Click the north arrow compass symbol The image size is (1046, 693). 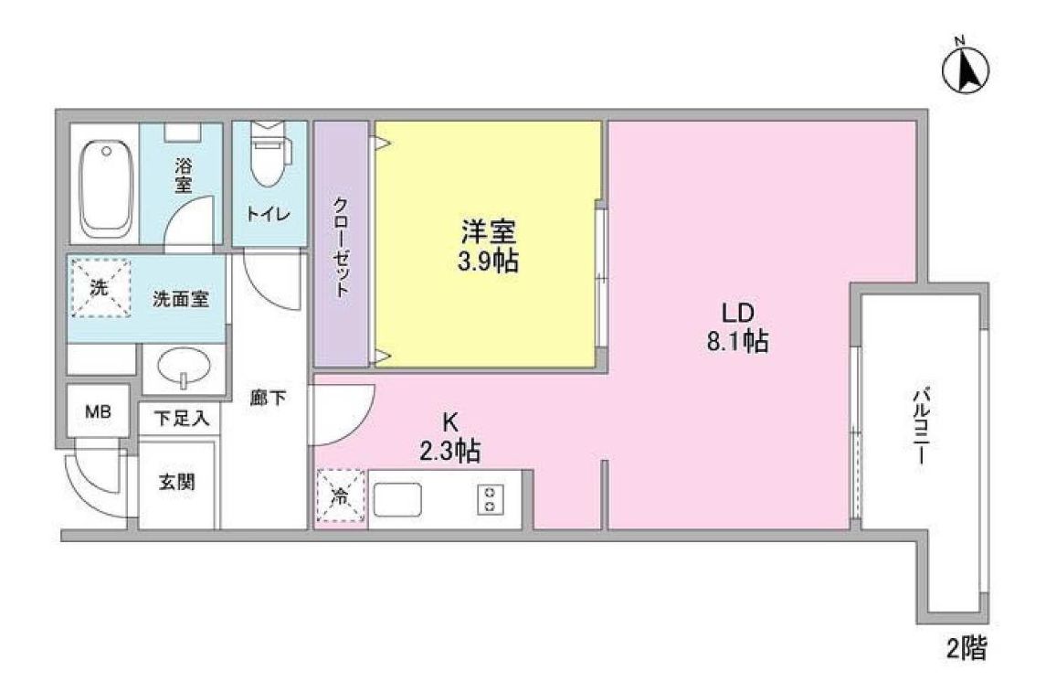coord(967,69)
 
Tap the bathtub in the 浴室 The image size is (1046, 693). coord(106,187)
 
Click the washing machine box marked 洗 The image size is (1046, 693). coord(99,287)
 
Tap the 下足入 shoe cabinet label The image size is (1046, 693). coord(181,419)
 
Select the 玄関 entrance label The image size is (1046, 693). coord(177,482)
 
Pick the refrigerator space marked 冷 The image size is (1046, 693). coord(340,497)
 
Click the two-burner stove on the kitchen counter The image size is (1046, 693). coord(491,499)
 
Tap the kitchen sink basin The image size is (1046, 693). coord(397,499)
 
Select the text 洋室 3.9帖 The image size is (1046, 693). coord(488,246)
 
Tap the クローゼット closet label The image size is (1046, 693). coord(341,246)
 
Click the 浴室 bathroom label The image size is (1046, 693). coord(184,175)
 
